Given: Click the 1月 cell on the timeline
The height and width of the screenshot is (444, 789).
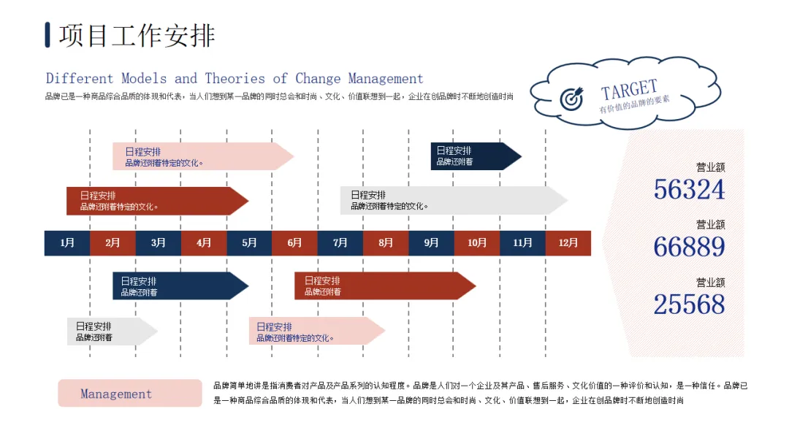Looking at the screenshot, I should [x=67, y=243].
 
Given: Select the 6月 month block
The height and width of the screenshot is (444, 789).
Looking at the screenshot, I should [x=294, y=243].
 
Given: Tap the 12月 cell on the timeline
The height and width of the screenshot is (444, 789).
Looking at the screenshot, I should [x=568, y=243].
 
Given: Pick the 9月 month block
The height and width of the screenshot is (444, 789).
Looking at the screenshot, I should [x=431, y=243].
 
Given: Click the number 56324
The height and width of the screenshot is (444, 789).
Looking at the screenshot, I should [x=689, y=190].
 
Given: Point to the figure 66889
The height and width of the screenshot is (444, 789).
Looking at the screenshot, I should [x=689, y=248].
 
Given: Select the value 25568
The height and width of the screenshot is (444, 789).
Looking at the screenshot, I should [x=689, y=305].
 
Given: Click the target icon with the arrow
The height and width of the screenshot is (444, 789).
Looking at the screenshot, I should [x=571, y=99].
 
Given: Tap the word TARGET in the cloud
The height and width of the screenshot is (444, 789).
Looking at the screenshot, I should [x=629, y=91].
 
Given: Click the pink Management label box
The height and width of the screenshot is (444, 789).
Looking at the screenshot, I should [x=129, y=394].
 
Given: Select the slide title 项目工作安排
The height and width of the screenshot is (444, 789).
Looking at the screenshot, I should [x=137, y=35].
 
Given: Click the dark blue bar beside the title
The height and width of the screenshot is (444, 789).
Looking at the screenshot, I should [x=47, y=34].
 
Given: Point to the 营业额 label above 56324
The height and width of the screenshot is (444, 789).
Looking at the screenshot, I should [x=710, y=167].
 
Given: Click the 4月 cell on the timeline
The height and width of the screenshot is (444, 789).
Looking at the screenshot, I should [x=204, y=243].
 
